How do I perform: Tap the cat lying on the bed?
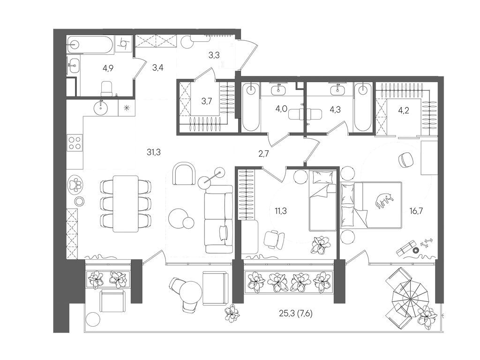(x=383, y=201)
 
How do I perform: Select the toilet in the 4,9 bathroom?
(x=107, y=88)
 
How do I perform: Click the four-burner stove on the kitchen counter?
(x=75, y=142)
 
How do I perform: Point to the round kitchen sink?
(x=101, y=108)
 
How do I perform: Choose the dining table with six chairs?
(x=125, y=203)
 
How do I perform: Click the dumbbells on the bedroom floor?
(x=426, y=243)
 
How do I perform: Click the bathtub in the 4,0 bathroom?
(x=251, y=107)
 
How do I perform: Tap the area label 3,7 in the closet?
(x=206, y=101)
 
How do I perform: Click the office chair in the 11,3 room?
(x=273, y=240)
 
